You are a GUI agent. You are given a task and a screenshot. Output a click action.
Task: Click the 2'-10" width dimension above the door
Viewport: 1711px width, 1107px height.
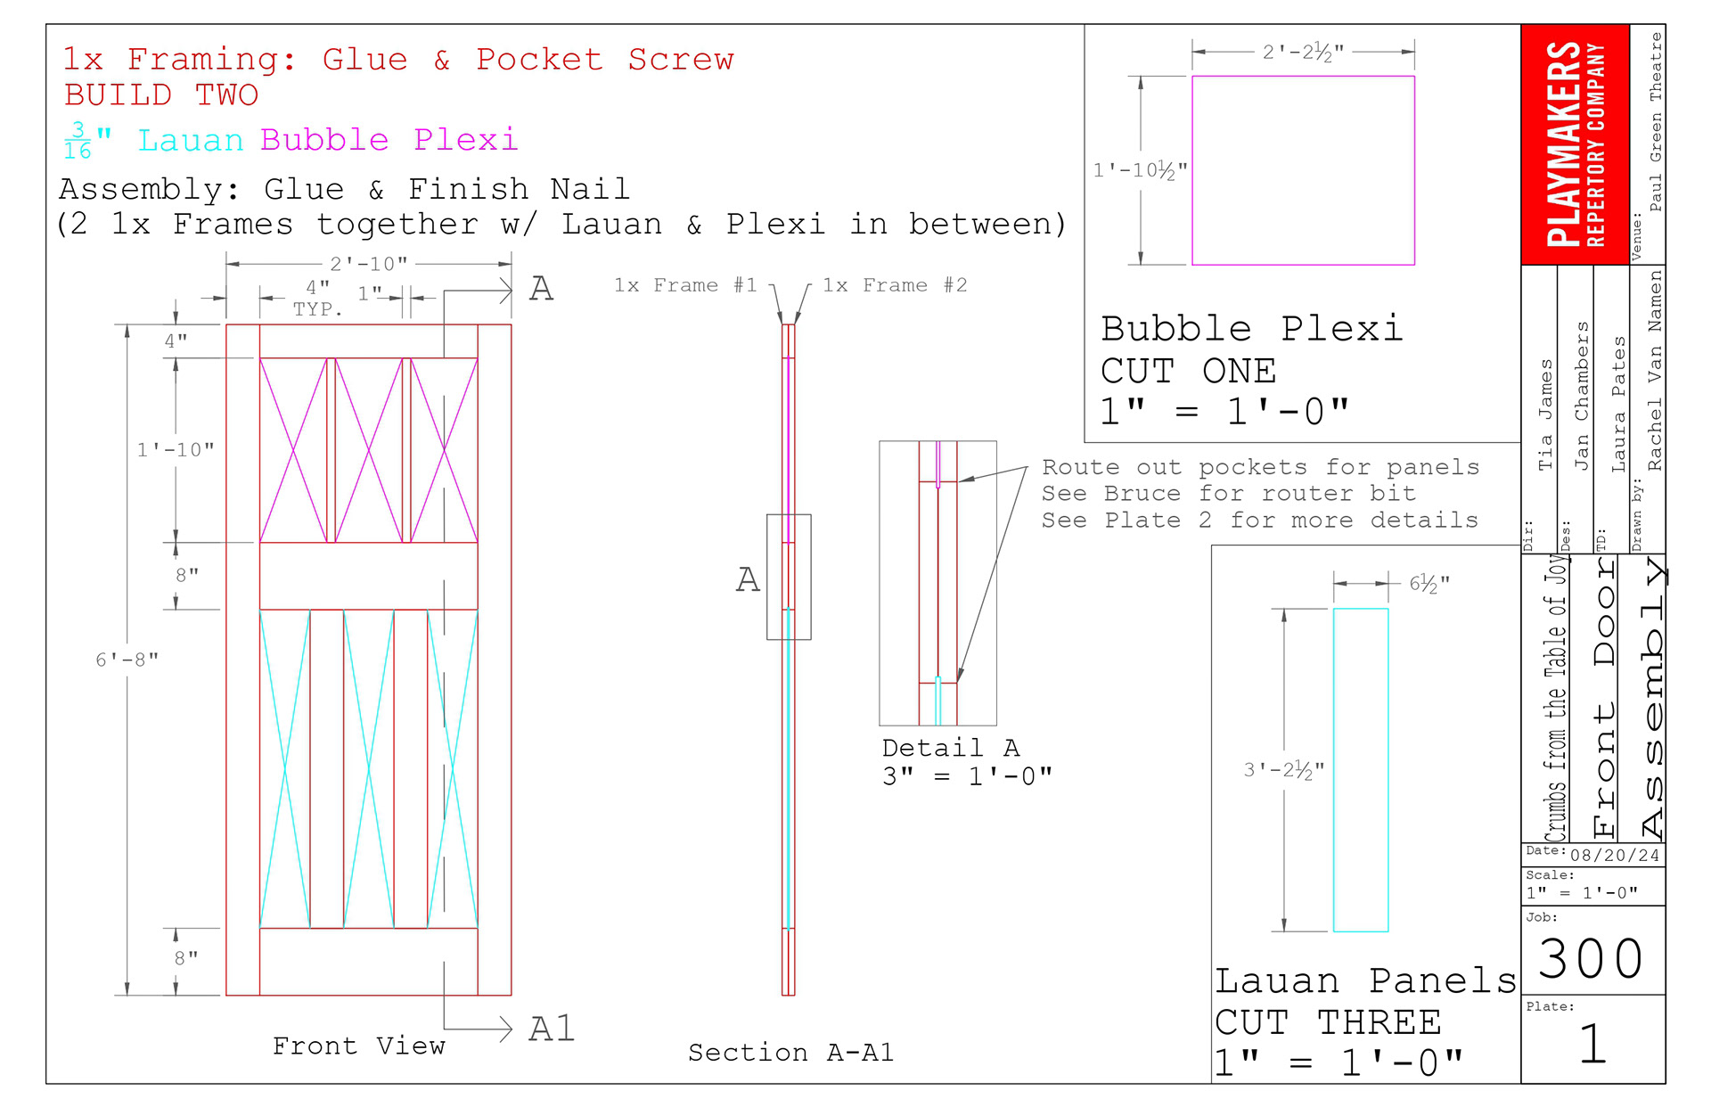(x=369, y=264)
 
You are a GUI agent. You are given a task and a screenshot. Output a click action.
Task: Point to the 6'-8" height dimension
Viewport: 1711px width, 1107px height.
(x=127, y=660)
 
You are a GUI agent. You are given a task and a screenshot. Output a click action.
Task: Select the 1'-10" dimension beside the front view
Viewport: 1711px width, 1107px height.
(x=176, y=450)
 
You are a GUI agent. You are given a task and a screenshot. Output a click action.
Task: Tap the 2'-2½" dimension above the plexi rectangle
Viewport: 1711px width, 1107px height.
(x=1303, y=52)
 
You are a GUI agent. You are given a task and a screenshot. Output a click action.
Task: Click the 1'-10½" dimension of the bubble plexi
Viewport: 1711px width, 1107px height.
(x=1140, y=170)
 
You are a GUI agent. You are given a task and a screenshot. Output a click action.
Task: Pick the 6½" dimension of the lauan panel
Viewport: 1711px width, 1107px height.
(x=1429, y=584)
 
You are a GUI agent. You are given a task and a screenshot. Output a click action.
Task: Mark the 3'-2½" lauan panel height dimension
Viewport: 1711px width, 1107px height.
(x=1284, y=770)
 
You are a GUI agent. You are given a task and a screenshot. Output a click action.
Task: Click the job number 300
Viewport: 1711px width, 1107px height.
(x=1592, y=958)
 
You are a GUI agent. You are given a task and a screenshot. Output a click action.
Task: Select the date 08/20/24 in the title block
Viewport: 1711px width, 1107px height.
(x=1615, y=856)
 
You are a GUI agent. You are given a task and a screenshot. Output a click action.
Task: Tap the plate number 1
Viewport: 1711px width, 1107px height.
(x=1592, y=1044)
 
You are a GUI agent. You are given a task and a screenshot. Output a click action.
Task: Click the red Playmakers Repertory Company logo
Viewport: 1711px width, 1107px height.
(x=1575, y=144)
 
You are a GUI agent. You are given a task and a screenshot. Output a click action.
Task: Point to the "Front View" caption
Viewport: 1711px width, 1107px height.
(x=359, y=1045)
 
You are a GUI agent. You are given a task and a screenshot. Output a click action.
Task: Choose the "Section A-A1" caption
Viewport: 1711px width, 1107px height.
(x=790, y=1053)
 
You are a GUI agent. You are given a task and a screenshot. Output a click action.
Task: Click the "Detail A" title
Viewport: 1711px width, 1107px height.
(x=951, y=748)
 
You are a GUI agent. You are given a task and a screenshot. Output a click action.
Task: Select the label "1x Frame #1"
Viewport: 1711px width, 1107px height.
(x=685, y=285)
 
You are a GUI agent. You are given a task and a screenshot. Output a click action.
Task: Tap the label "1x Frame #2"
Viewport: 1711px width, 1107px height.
(x=895, y=285)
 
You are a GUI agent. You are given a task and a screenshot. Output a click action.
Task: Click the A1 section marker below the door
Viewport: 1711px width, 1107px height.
(x=553, y=1029)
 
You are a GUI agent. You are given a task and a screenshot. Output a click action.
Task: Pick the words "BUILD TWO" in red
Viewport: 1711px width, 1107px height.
(x=161, y=94)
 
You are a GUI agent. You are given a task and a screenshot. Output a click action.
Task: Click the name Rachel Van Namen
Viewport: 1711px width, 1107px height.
(x=1655, y=371)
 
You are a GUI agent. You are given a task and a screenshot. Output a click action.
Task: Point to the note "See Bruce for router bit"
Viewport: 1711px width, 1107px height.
(x=1229, y=494)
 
